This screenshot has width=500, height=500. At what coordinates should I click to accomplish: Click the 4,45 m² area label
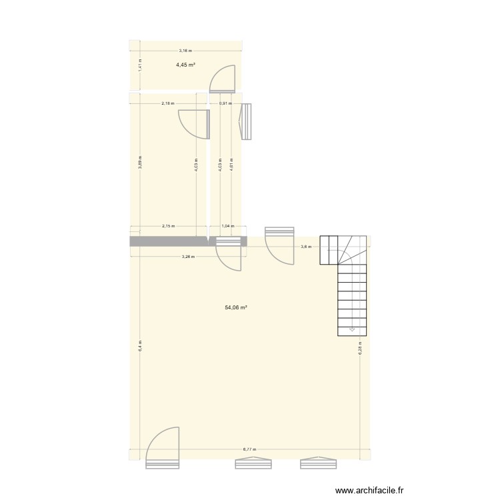pyautogui.click(x=185, y=65)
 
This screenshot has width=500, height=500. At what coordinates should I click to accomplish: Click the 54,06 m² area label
pyautogui.click(x=236, y=307)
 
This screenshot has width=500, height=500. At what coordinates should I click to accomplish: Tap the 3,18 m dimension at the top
pyautogui.click(x=185, y=51)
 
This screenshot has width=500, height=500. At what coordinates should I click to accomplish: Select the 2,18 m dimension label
pyautogui.click(x=168, y=103)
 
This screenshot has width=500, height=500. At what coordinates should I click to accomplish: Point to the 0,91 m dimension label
pyautogui.click(x=225, y=103)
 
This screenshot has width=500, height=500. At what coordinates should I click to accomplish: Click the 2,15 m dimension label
pyautogui.click(x=168, y=226)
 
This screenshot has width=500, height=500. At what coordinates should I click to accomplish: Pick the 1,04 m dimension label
pyautogui.click(x=227, y=226)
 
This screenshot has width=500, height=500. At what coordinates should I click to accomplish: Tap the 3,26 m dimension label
pyautogui.click(x=188, y=256)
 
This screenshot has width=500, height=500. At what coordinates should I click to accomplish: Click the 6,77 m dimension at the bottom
pyautogui.click(x=249, y=449)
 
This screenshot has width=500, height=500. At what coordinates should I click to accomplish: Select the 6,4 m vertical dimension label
pyautogui.click(x=140, y=346)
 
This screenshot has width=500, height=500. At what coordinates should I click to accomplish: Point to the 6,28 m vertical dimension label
pyautogui.click(x=359, y=349)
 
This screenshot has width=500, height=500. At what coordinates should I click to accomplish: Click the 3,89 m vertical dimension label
pyautogui.click(x=140, y=162)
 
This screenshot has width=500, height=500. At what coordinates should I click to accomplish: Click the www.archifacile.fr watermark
pyautogui.click(x=369, y=490)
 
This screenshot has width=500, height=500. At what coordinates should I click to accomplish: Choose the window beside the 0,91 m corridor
pyautogui.click(x=246, y=121)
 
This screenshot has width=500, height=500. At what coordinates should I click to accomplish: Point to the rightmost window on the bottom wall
pyautogui.click(x=318, y=463)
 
